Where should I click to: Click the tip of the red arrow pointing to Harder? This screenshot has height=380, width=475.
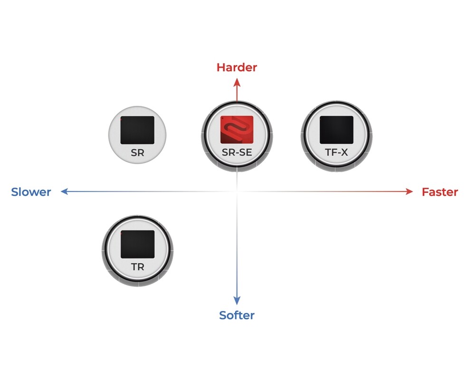point(237,78)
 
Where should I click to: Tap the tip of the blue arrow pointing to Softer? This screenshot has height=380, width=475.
point(237,304)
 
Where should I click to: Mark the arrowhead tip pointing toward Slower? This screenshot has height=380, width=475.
point(61,191)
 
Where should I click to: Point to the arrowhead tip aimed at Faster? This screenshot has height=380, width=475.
point(413,191)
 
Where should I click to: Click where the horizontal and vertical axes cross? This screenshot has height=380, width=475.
point(237,191)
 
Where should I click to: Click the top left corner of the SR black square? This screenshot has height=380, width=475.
point(121,116)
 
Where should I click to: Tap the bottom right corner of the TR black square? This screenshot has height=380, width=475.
point(154,258)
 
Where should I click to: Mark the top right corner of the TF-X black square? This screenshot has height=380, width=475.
point(353,116)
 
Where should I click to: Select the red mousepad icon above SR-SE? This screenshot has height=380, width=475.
point(237,130)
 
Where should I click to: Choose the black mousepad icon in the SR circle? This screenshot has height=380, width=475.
point(138,130)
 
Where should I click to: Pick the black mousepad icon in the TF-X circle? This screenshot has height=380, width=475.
point(337,130)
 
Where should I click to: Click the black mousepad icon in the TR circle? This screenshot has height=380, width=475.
point(138,244)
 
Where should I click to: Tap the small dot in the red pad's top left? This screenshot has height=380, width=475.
point(222,118)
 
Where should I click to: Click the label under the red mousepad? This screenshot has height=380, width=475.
point(237,152)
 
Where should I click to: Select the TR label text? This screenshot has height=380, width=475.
point(138,266)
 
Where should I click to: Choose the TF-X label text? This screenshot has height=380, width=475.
point(337,152)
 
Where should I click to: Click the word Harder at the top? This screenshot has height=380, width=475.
point(237,67)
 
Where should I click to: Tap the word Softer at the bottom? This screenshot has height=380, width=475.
point(237,315)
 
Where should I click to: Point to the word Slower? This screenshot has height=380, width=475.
point(31,192)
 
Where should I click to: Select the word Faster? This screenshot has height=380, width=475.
point(440,192)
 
